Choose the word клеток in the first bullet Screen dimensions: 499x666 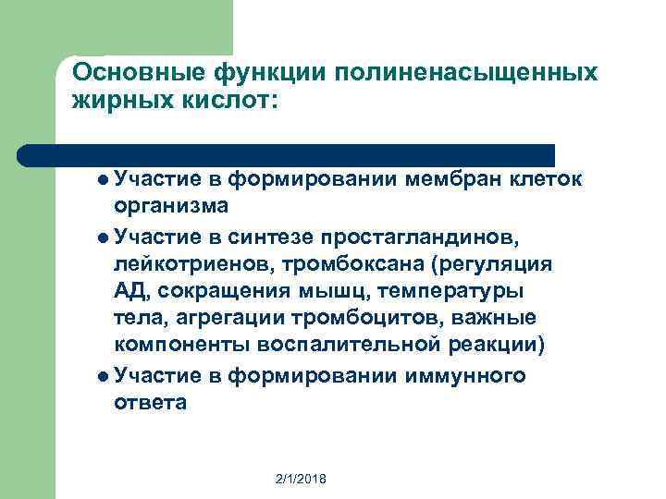[x=547, y=179]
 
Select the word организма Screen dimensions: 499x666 [x=171, y=205]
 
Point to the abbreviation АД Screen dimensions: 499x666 [x=128, y=292]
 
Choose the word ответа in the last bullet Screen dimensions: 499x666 [x=150, y=402]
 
